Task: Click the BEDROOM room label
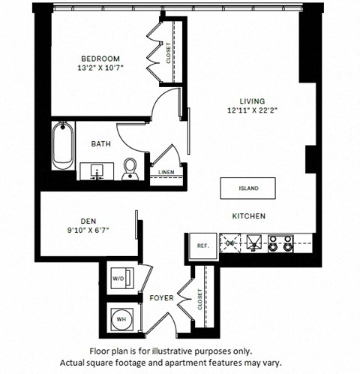pyautogui.click(x=100, y=59)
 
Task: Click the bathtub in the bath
pyautogui.click(x=61, y=147)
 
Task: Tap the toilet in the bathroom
pyautogui.click(x=130, y=169)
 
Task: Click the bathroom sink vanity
pyautogui.click(x=97, y=172)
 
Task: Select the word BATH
pyautogui.click(x=101, y=143)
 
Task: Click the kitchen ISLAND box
pyautogui.click(x=248, y=188)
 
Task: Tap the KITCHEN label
pyautogui.click(x=248, y=216)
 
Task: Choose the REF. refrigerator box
pyautogui.click(x=202, y=246)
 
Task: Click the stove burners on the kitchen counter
pyautogui.click(x=280, y=243)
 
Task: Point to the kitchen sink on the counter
pyautogui.click(x=254, y=243)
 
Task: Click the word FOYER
pyautogui.click(x=162, y=298)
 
